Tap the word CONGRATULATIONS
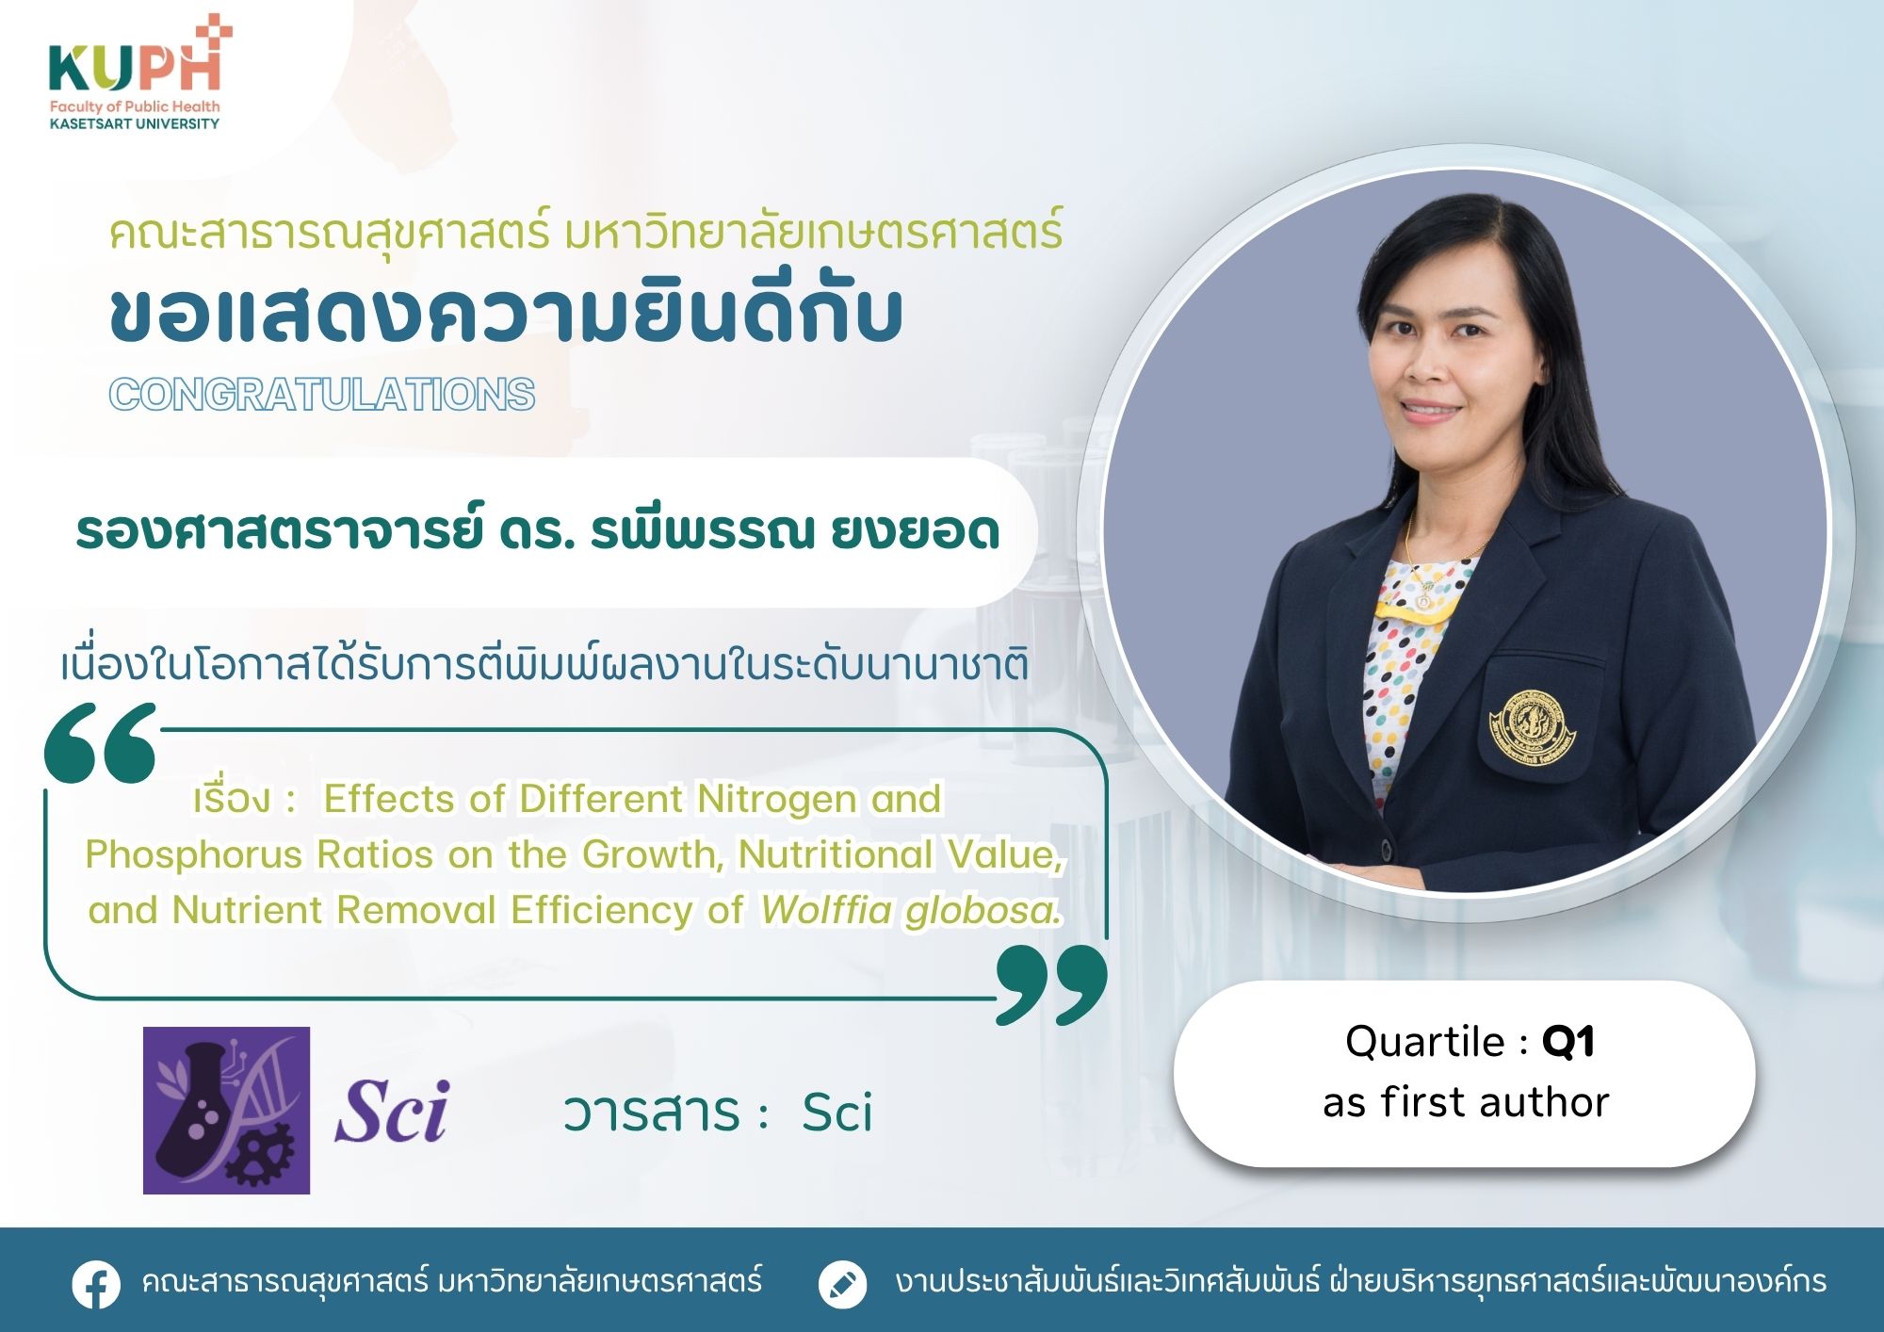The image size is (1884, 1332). pyautogui.click(x=322, y=395)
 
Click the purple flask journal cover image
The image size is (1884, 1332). pyautogui.click(x=226, y=1111)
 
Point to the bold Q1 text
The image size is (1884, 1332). pyautogui.click(x=1567, y=1042)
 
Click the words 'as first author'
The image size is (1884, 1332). pyautogui.click(x=1466, y=1102)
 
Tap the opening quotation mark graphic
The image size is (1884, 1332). pyautogui.click(x=101, y=742)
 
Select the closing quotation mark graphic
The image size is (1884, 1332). pyautogui.click(x=1051, y=984)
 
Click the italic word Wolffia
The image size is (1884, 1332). pyautogui.click(x=826, y=910)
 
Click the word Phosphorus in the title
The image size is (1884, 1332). pyautogui.click(x=193, y=855)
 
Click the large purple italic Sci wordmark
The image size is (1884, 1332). pyautogui.click(x=392, y=1112)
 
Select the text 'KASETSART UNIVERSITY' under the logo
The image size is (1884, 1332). pyautogui.click(x=135, y=123)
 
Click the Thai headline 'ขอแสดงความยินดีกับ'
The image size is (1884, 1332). pyautogui.click(x=507, y=313)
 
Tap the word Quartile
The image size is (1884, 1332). pyautogui.click(x=1425, y=1042)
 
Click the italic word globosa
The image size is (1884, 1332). pyautogui.click(x=983, y=910)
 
